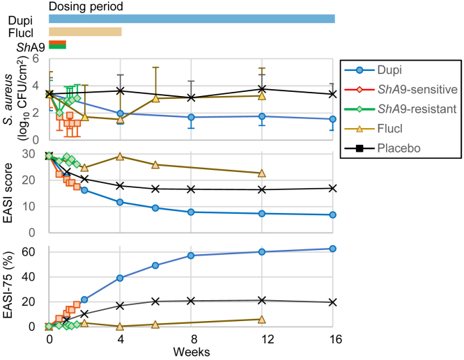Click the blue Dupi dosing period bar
tap(192, 19)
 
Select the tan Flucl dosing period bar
tap(85, 32)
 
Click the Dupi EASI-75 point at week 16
tap(333, 249)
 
